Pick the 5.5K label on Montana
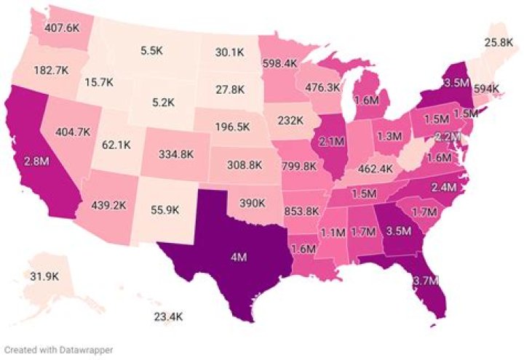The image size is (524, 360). (151, 51)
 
